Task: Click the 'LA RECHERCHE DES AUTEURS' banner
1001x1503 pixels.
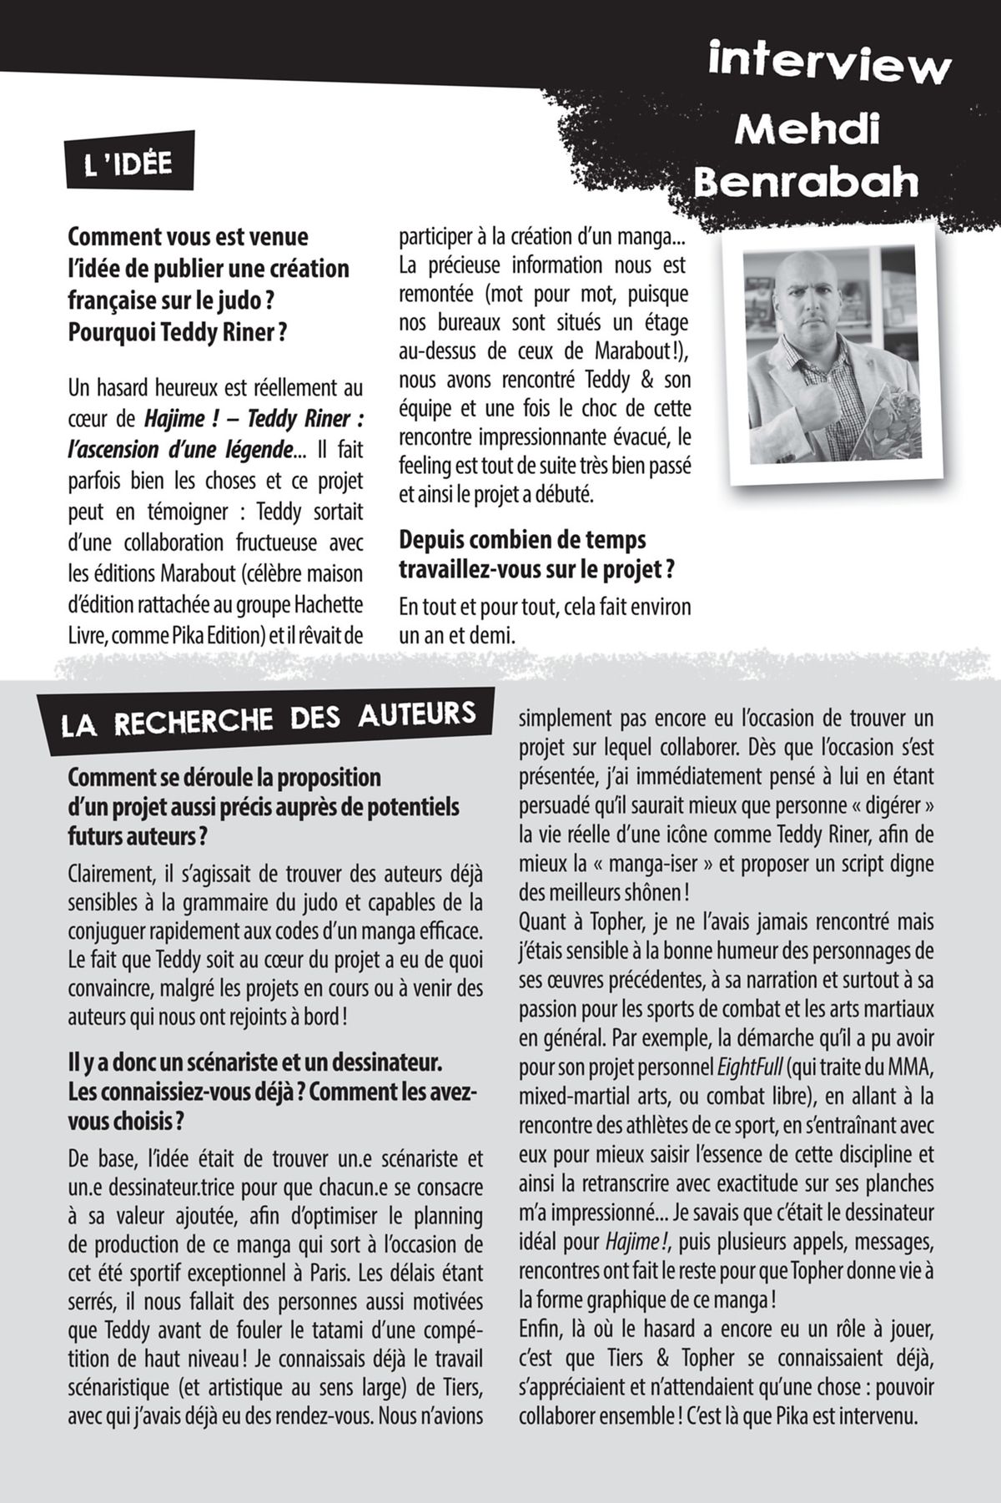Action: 269,719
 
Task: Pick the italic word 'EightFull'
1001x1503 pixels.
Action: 749,1067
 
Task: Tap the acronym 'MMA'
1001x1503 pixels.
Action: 911,1067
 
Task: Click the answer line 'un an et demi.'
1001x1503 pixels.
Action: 456,635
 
